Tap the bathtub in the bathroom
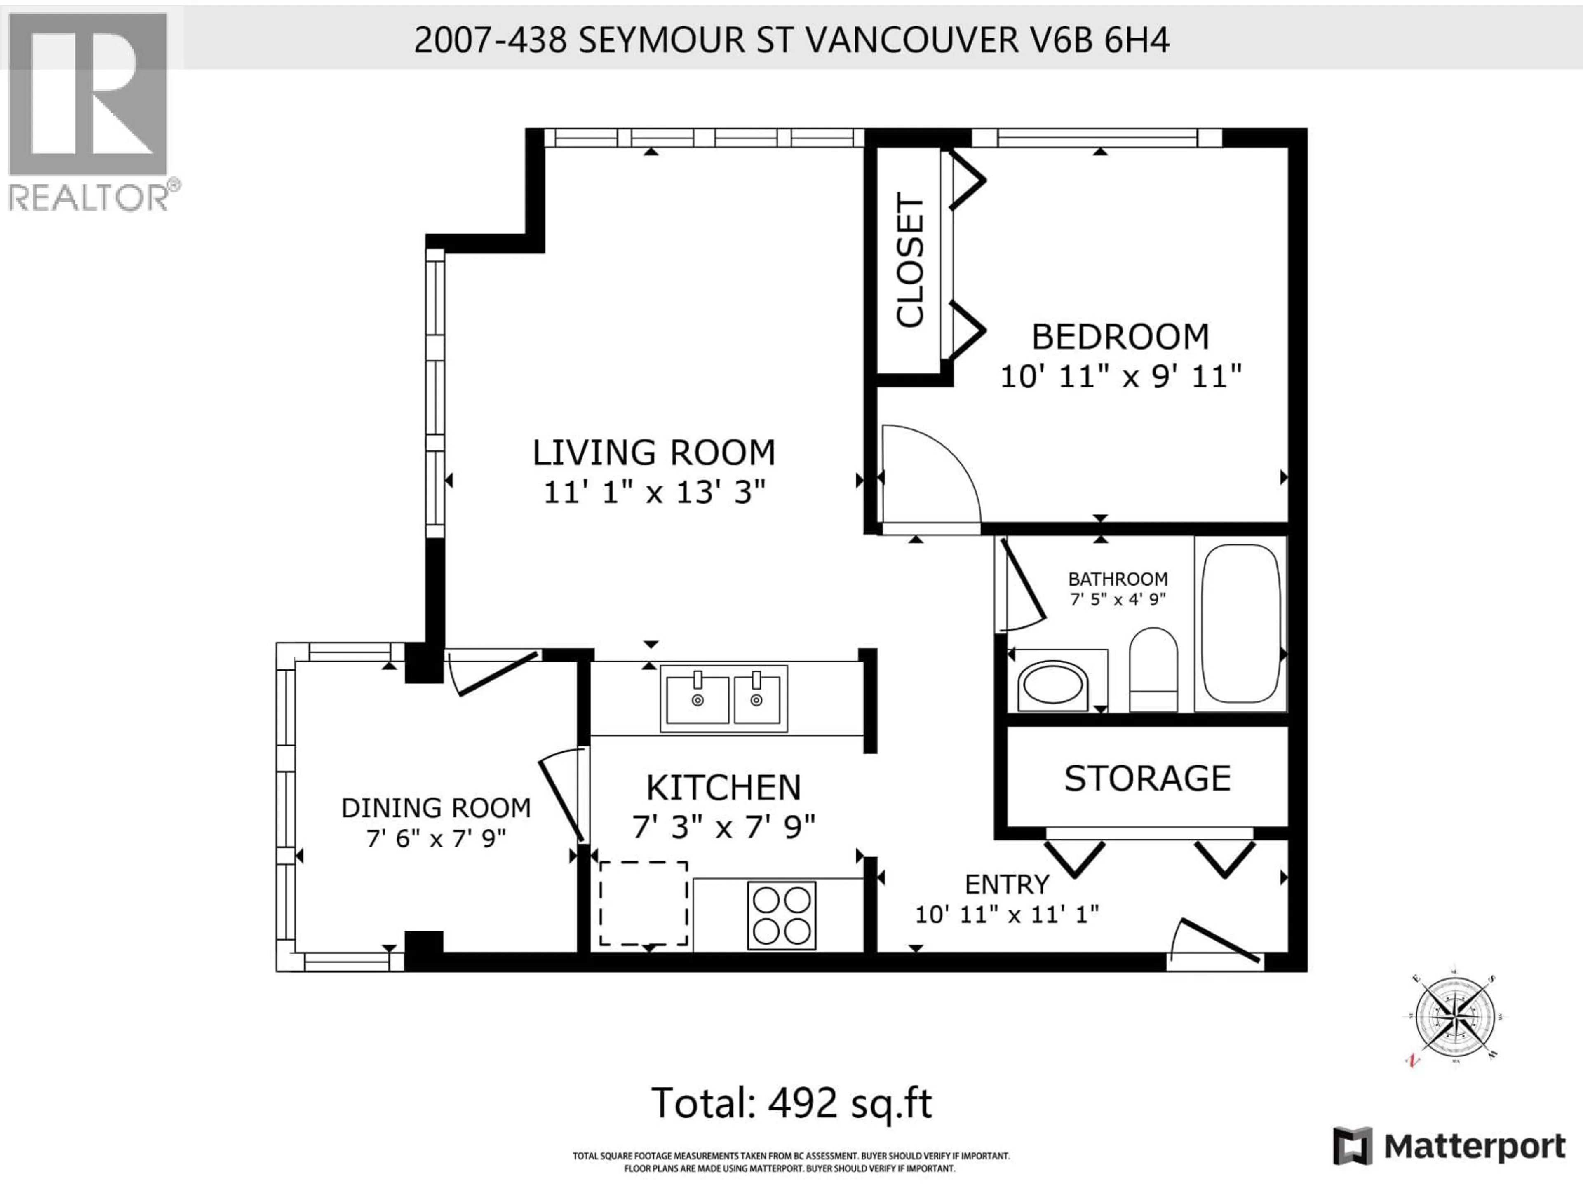coord(1240,623)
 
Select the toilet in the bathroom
coord(1153,670)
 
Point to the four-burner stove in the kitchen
coord(782,915)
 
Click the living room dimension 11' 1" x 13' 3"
coord(654,492)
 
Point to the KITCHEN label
coord(723,788)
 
